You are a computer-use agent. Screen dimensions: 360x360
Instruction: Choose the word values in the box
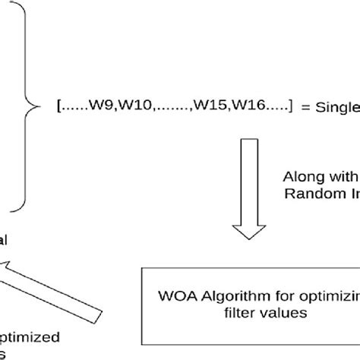[270, 311]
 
